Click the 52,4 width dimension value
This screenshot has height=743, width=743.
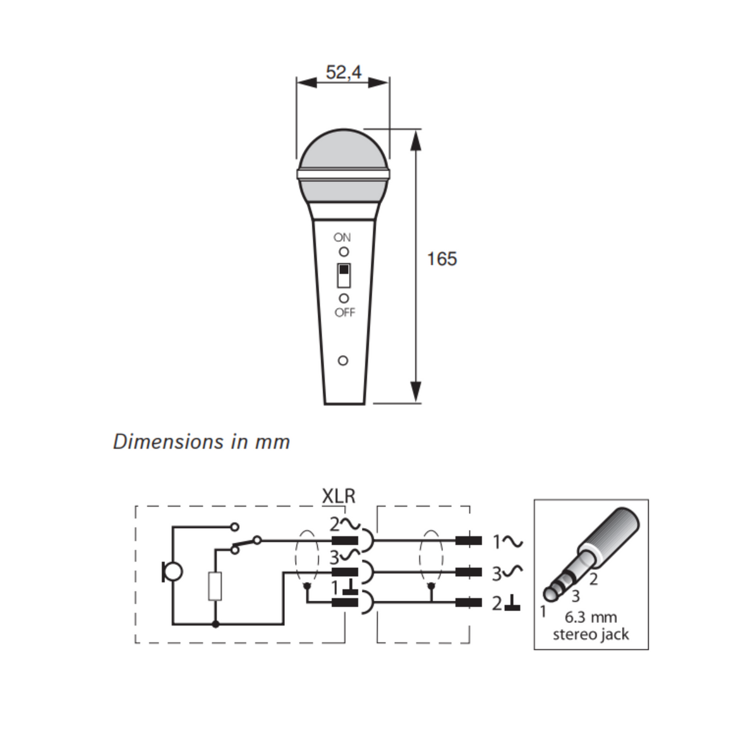[343, 73]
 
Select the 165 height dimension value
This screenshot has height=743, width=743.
[442, 259]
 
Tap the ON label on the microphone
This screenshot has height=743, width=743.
[342, 238]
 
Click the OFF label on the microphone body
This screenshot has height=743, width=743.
[345, 312]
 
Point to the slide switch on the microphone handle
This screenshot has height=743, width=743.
[344, 275]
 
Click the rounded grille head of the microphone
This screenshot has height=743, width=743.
[342, 152]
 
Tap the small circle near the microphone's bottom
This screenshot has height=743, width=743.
[343, 361]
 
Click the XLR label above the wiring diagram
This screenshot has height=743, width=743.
[339, 497]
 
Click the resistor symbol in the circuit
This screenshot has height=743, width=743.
[215, 586]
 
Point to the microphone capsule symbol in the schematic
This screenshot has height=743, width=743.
[172, 572]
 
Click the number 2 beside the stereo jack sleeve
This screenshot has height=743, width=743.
[593, 579]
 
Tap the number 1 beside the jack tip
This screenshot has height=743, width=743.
[542, 611]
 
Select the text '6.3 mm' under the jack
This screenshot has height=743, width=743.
[590, 617]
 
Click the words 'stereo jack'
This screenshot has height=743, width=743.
[590, 634]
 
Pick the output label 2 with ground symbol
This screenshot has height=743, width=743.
[506, 603]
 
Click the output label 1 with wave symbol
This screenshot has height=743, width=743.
[507, 541]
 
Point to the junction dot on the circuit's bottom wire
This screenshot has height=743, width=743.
[215, 624]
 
